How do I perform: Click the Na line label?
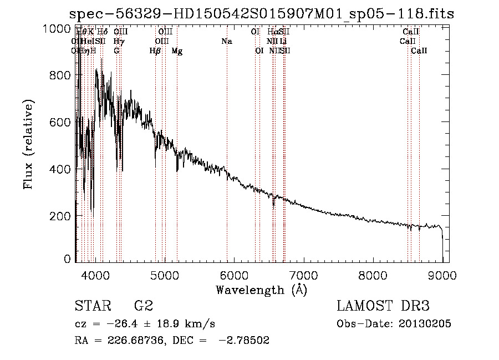226,42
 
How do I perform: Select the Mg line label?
177,51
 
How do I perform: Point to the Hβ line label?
155,51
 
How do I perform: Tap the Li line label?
283,42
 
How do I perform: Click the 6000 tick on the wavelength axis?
233,275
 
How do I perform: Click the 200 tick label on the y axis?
60,215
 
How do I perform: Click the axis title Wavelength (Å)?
261,290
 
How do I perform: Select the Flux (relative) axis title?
28,145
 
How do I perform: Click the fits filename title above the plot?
262,13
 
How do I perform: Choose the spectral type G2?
144,307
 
